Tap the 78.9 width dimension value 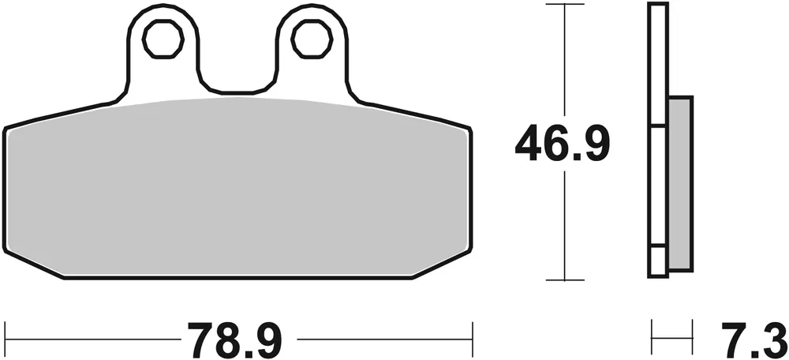(x=234, y=339)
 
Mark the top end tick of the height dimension (x=563, y=6)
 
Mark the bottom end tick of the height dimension (x=563, y=279)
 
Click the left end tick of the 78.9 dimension (x=6, y=339)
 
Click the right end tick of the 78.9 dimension (x=471, y=339)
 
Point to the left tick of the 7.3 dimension (x=652, y=338)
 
